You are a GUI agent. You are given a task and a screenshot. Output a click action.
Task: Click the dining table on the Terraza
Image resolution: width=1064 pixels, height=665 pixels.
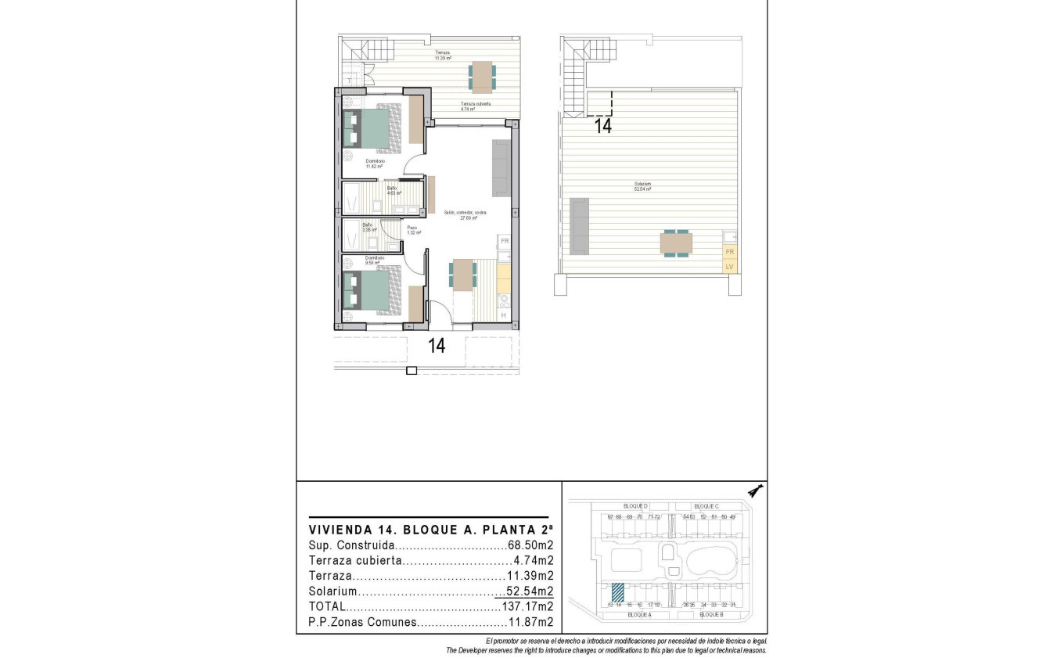coord(482,76)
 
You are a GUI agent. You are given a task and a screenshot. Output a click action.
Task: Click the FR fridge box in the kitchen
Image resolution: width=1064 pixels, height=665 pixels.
coord(505,241)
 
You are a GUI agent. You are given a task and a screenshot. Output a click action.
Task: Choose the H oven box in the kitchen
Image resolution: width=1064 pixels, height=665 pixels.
coord(503,315)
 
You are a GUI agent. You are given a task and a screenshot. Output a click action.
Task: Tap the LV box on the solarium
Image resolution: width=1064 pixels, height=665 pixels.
coord(729,267)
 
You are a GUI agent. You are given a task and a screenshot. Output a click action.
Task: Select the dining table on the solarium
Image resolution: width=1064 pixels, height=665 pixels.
coord(676,244)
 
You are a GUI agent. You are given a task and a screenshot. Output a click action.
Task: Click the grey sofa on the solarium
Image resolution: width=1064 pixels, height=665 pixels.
coord(580,226)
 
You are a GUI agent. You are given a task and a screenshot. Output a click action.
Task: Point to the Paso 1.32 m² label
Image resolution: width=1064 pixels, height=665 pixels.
coord(412,230)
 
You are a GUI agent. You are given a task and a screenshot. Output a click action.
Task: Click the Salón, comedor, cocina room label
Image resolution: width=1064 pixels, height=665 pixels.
coord(465,214)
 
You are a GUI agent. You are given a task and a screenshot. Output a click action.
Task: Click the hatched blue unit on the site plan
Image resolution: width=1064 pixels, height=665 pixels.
coord(618,591)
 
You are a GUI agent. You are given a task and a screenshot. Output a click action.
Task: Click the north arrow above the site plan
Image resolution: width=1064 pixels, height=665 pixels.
coord(755,491)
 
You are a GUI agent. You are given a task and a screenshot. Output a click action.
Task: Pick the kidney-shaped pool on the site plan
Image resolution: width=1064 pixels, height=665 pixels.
coord(711,560)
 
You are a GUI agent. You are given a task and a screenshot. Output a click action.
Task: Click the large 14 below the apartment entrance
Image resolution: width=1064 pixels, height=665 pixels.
coord(437,345)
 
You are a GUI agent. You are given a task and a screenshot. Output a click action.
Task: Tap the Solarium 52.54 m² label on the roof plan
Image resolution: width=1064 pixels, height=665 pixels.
coord(643,188)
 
